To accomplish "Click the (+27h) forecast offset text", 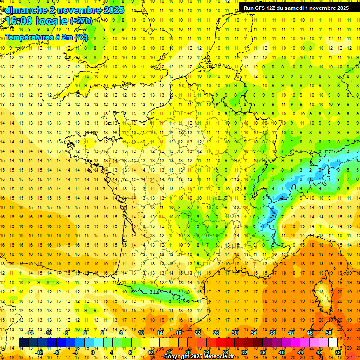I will point(81,21).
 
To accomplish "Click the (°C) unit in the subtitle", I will point(80,37).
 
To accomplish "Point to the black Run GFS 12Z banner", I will point(296,8).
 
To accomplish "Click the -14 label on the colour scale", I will point(30,333).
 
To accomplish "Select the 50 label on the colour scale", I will point(328,333).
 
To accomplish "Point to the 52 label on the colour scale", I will point(337,352).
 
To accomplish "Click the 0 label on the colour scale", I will point(93,352).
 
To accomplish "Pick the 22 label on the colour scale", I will point(197,333).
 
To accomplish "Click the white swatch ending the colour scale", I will point(333,343).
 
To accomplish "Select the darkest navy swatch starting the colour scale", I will point(23,343).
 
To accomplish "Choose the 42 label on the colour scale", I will point(291,333).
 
